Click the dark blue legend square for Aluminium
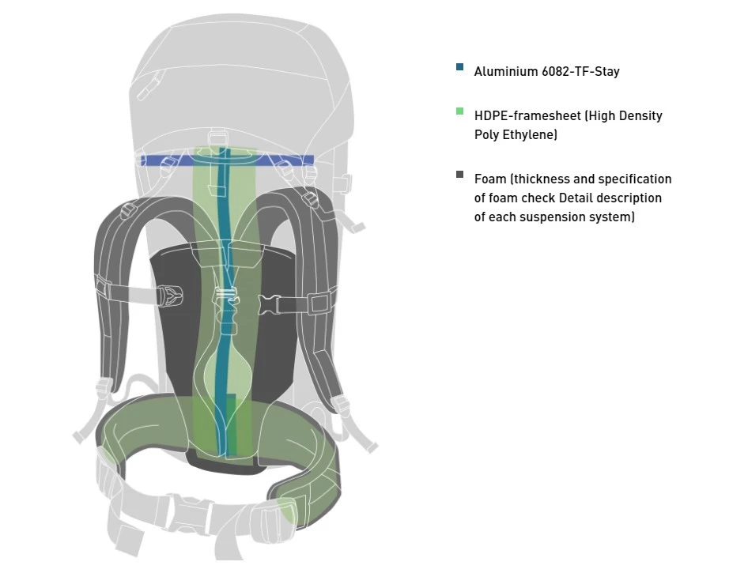(460, 67)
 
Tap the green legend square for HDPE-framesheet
(460, 111)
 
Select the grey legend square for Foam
(460, 175)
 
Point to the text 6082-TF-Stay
(581, 72)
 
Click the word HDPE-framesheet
(527, 116)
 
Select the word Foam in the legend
(489, 179)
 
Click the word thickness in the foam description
(539, 179)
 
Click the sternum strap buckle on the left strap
(170, 297)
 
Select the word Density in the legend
(639, 116)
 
